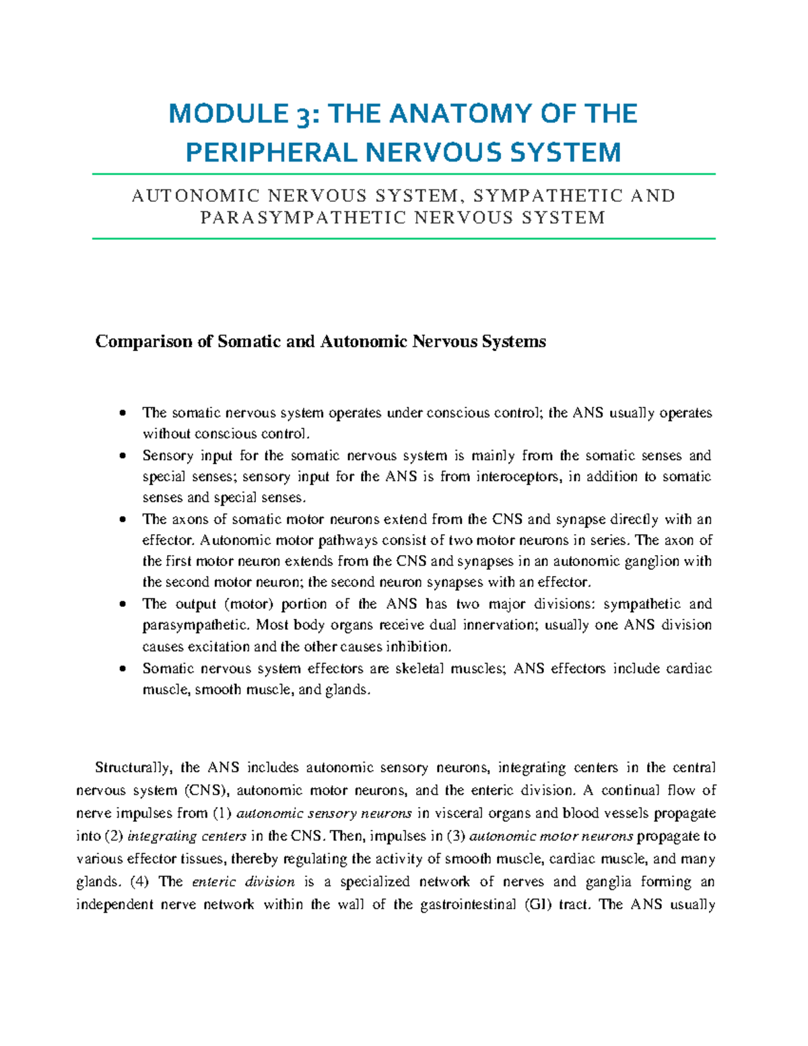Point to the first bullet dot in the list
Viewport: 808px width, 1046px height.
[122, 412]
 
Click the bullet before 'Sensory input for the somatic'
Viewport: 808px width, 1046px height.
[122, 455]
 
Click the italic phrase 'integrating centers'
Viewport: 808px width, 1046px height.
[187, 837]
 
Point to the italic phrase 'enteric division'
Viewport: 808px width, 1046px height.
[243, 882]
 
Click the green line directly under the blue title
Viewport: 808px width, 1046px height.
[403, 174]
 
